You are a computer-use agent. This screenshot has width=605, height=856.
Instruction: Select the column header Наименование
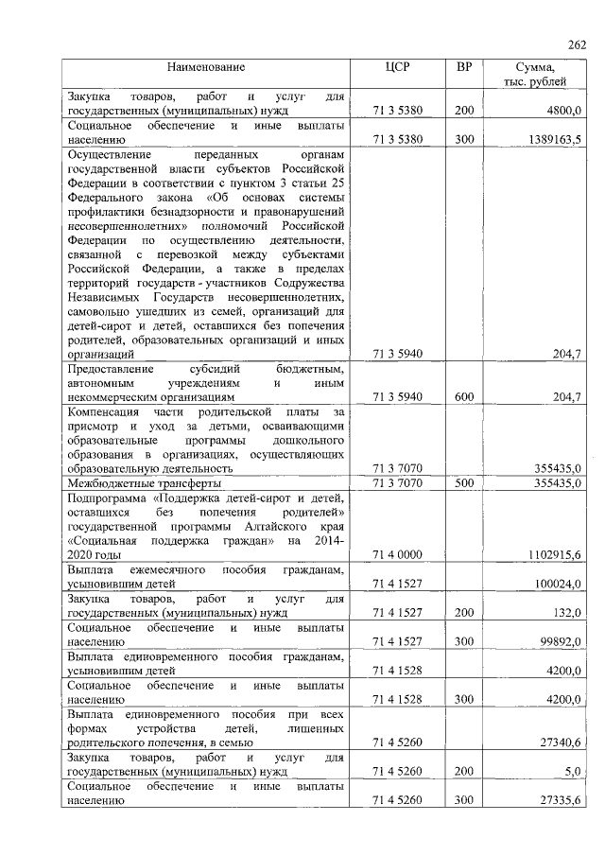[x=206, y=67]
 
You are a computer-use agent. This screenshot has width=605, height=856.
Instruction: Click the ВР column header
[x=464, y=67]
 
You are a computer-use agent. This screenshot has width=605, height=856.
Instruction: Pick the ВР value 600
[x=463, y=397]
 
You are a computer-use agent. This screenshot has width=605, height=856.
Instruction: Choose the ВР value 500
[x=463, y=482]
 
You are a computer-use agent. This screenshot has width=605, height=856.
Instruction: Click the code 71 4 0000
[x=396, y=553]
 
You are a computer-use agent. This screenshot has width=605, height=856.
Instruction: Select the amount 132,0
[x=566, y=613]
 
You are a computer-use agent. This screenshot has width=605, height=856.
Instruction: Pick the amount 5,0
[x=571, y=772]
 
